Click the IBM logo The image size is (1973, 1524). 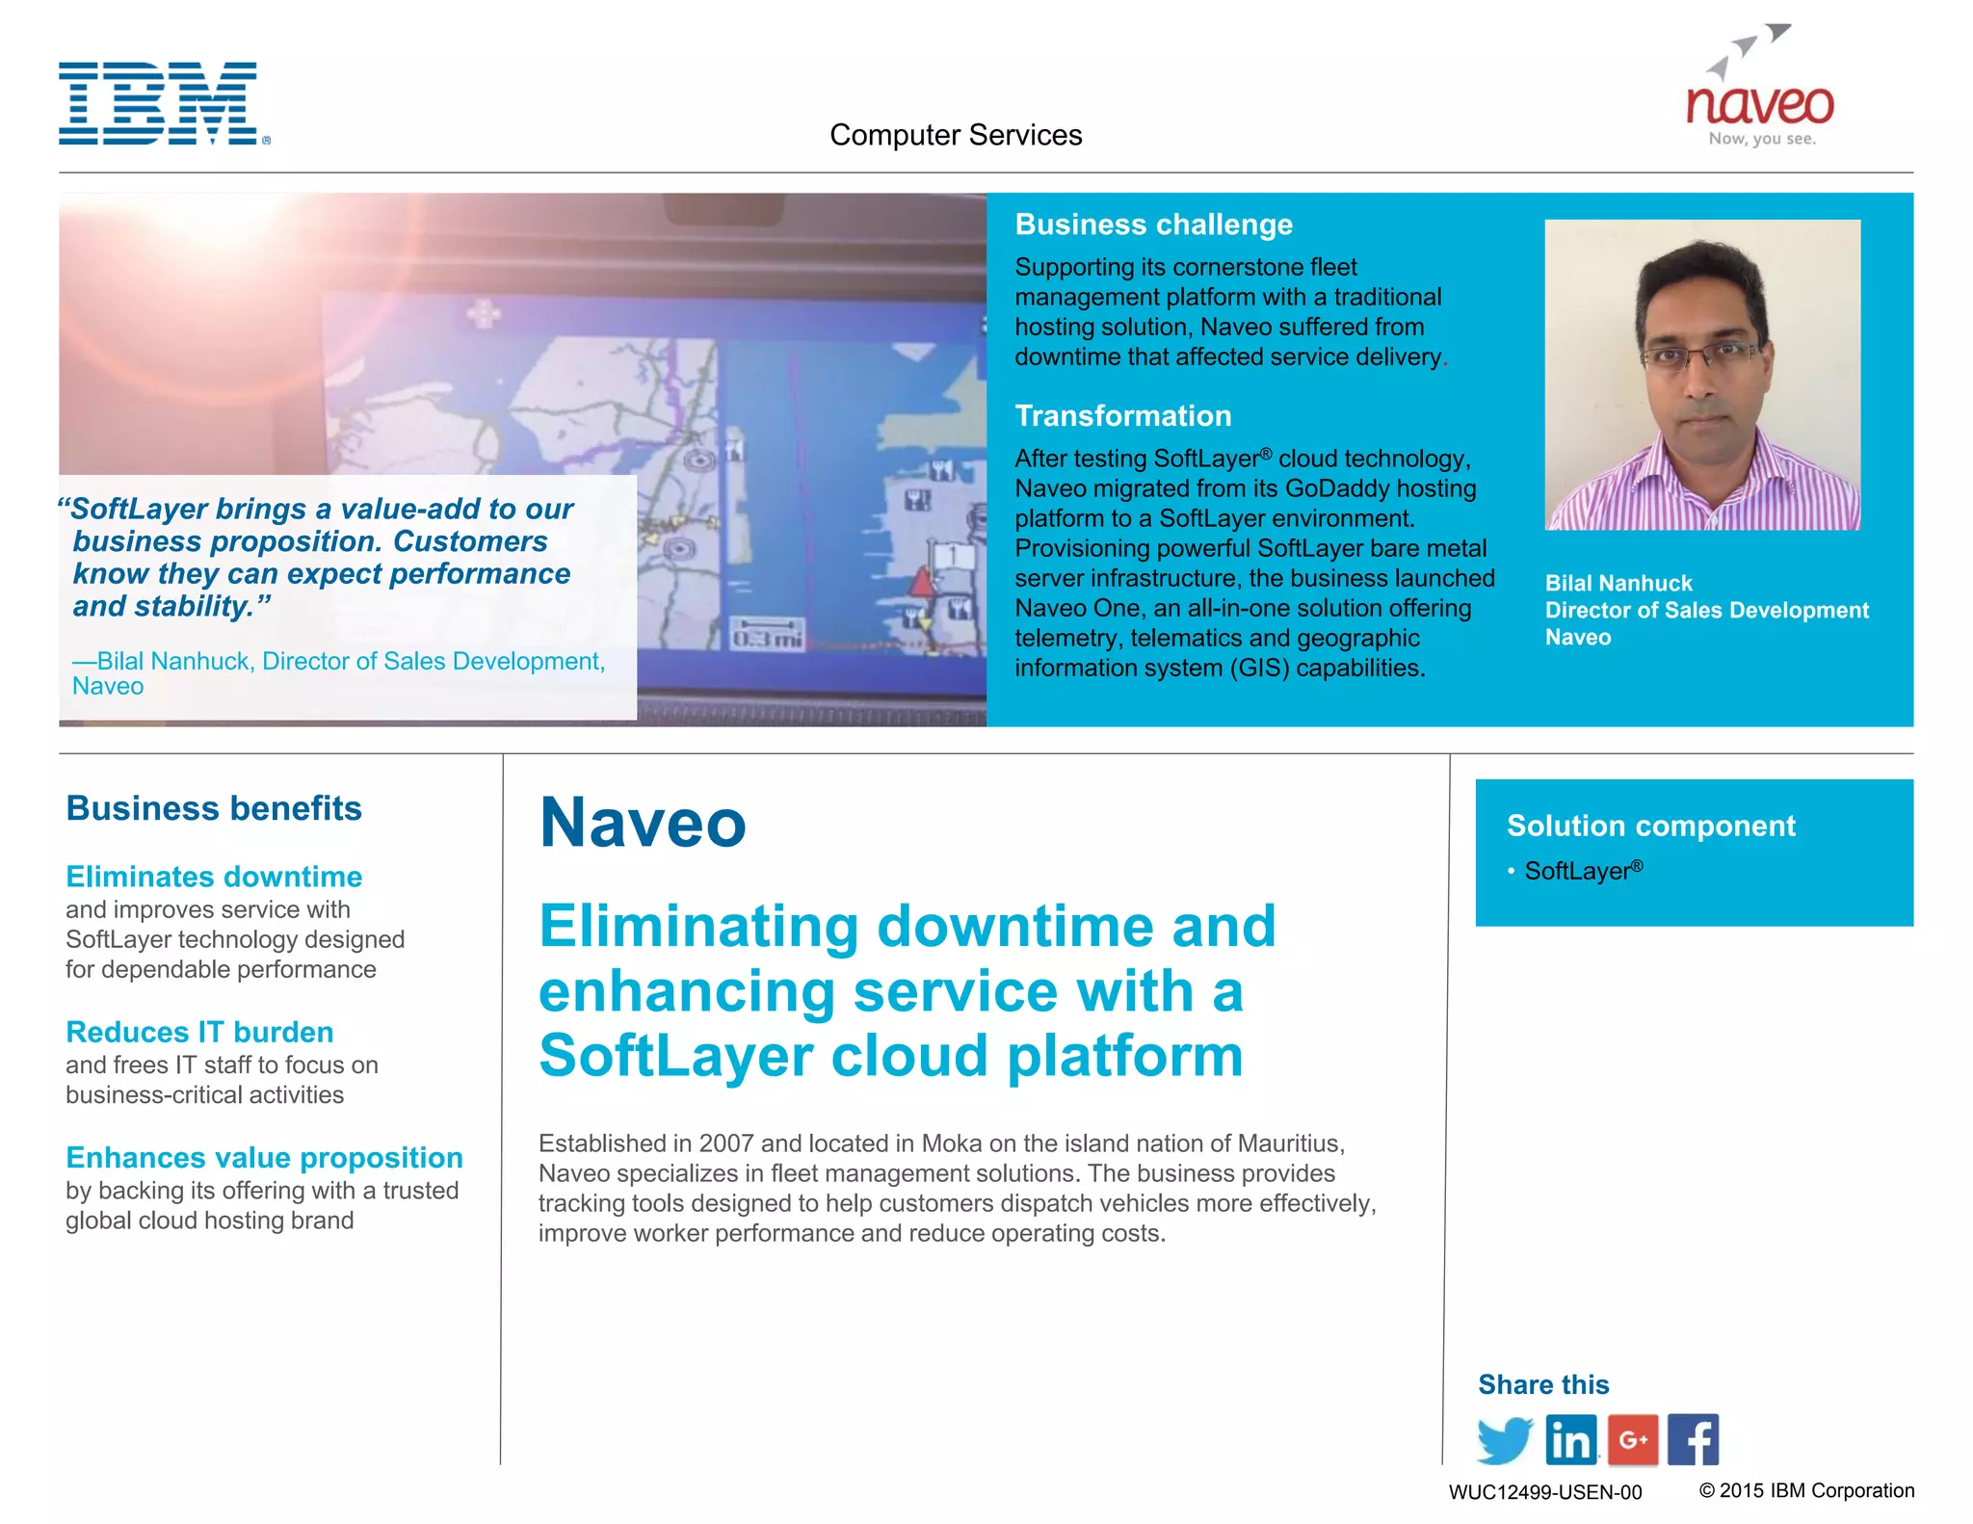tap(159, 104)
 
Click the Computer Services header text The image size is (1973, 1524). tap(956, 135)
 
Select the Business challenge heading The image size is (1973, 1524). tap(1153, 224)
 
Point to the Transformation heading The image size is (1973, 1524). tap(1122, 415)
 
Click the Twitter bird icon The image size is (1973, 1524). tap(1504, 1440)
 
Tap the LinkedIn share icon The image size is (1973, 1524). tap(1570, 1440)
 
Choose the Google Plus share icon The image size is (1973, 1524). tap(1633, 1440)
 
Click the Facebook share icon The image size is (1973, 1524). tap(1693, 1440)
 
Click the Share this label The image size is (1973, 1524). tap(1543, 1384)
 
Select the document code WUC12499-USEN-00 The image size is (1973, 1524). tap(1545, 1492)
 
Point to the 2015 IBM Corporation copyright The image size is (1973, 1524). tap(1806, 1490)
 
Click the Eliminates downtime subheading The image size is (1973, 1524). tap(214, 877)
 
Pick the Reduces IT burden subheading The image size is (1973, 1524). tap(199, 1032)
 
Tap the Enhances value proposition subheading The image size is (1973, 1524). tap(264, 1157)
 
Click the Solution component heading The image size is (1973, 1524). tap(1651, 826)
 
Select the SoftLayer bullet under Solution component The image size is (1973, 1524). tap(1582, 871)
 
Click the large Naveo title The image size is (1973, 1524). tap(643, 823)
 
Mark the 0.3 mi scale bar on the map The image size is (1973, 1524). tap(767, 635)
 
